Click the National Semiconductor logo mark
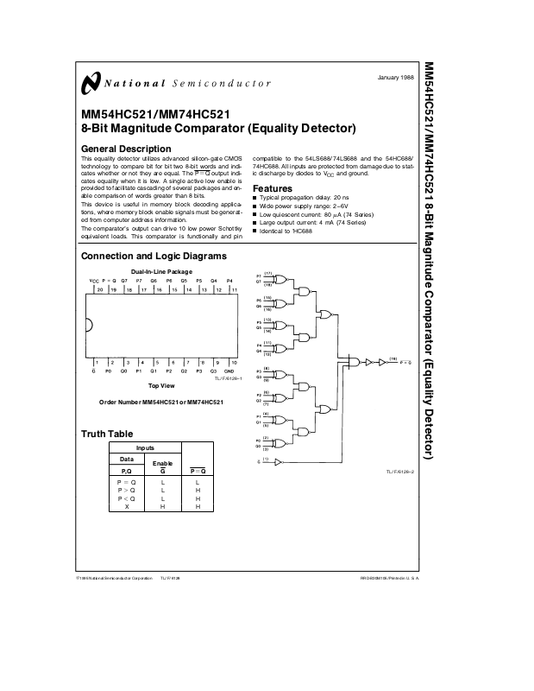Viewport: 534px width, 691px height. pos(89,83)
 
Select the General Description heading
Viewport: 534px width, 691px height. pos(120,149)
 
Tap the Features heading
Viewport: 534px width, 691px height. pos(272,189)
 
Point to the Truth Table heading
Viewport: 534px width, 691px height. pos(107,434)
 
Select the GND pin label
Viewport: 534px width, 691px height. pos(229,370)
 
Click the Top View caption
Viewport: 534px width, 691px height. pos(162,385)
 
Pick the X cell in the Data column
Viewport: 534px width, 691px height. pos(127,506)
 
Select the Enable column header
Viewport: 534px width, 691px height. pos(162,463)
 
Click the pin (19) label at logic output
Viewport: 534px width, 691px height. pos(393,357)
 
